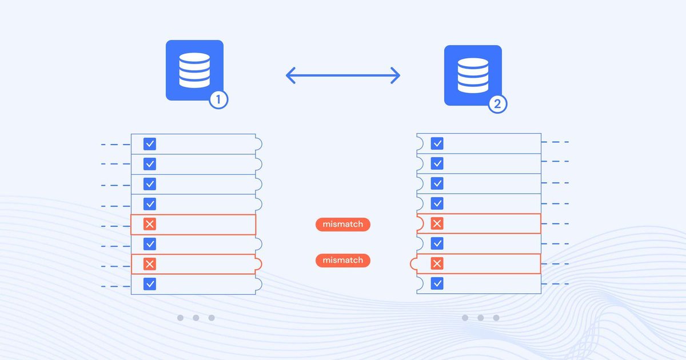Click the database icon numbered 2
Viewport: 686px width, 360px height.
(x=473, y=75)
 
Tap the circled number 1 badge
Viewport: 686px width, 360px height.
(x=218, y=100)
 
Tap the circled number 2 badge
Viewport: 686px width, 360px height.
(x=497, y=104)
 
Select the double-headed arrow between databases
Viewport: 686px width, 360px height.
(x=342, y=75)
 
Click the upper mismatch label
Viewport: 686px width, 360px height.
(x=342, y=225)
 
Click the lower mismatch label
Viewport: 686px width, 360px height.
(x=342, y=261)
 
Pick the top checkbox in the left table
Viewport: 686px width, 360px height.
(x=150, y=144)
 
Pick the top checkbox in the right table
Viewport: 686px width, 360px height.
(x=437, y=143)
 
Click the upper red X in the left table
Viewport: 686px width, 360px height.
(x=150, y=224)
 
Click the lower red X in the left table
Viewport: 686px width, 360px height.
(x=150, y=264)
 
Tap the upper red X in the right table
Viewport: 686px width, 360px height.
(x=437, y=223)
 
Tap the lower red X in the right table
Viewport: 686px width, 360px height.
(x=437, y=263)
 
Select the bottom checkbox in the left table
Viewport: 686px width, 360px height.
(x=150, y=283)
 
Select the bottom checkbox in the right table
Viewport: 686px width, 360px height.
(x=437, y=283)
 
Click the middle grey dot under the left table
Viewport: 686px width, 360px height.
(x=196, y=318)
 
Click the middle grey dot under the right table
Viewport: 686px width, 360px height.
(x=480, y=318)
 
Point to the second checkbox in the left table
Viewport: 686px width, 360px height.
(x=150, y=164)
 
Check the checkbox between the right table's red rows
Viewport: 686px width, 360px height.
(x=437, y=243)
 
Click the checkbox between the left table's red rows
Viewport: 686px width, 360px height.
(x=150, y=244)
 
